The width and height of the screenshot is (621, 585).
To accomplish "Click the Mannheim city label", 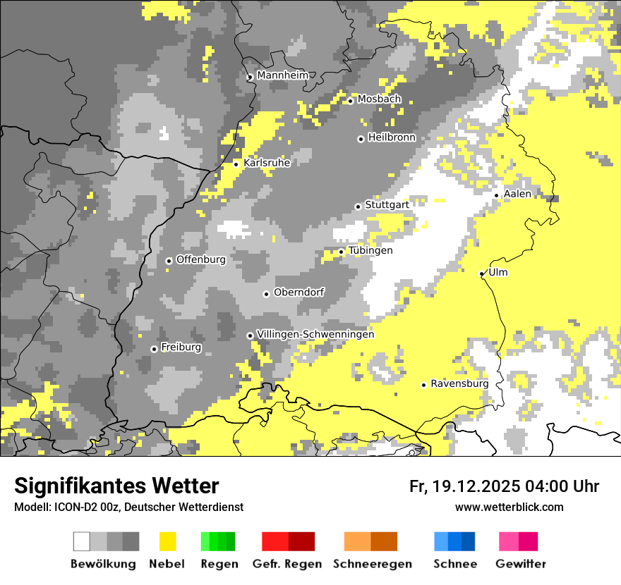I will coord(282,75).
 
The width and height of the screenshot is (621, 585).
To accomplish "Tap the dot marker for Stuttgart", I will coord(358,207).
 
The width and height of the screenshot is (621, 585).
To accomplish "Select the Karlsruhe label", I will coord(267,163).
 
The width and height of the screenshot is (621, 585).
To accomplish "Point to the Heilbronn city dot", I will coord(361,139).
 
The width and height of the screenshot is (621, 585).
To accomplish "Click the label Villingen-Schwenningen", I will coord(315,334).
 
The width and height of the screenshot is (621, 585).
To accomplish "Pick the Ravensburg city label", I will coord(459,384).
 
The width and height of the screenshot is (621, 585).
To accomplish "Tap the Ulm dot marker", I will coord(482,273).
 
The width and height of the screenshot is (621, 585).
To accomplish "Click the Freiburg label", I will coord(181,347).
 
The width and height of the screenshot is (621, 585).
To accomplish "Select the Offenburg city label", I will coord(201,259).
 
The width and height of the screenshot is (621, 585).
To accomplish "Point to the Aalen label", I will coord(517,194).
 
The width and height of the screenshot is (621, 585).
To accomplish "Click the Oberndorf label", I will coord(299,292).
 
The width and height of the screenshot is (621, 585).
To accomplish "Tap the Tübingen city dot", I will coord(342,252).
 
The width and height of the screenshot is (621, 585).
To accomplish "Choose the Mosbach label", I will coord(379,99).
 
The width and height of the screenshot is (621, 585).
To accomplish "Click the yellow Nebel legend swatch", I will coord(168,541).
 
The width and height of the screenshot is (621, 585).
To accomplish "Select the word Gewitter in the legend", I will coord(521,564).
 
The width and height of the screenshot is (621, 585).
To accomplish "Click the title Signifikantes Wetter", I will coord(116,486).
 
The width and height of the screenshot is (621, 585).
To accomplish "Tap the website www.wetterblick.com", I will coord(510,507).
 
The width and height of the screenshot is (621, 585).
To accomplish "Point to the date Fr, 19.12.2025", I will coord(464,486).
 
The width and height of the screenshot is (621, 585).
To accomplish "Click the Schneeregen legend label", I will coord(373,564).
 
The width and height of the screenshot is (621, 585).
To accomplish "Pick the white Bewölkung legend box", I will coord(82,541).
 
